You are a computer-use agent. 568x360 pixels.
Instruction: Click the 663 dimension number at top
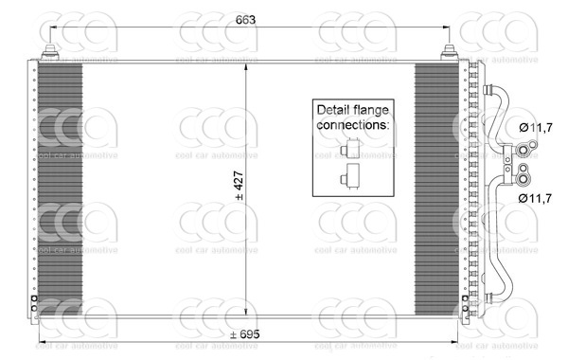tap(245, 20)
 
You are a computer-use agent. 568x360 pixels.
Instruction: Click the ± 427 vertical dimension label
tap(240, 186)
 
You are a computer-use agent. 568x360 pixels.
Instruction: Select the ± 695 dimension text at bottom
tap(245, 334)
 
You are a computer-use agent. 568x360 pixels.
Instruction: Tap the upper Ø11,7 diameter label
tap(536, 128)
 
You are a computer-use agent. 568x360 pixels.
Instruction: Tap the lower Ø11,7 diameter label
tap(535, 198)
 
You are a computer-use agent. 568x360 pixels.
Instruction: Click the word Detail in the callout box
tap(332, 110)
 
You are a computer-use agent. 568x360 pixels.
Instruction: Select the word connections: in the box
tap(353, 125)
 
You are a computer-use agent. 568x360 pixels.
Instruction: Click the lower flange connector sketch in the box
tap(350, 176)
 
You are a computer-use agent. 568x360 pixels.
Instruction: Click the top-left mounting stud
tap(50, 52)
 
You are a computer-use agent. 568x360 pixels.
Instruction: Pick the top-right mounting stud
tap(450, 52)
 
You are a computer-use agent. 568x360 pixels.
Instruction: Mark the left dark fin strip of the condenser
tap(61, 189)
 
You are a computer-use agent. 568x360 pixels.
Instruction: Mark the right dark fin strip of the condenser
tap(436, 189)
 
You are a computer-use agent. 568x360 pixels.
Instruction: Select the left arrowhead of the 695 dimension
tap(43, 341)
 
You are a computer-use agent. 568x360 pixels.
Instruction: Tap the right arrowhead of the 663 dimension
tap(446, 27)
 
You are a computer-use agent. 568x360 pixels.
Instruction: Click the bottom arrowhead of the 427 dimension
tap(246, 311)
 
